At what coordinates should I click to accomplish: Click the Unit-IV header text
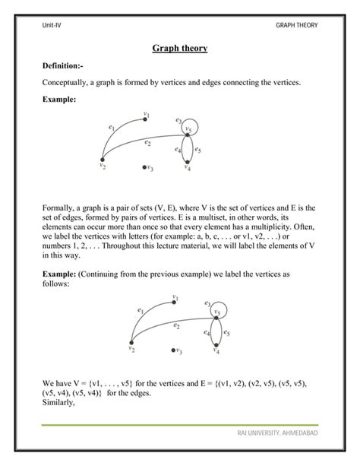pyautogui.click(x=52, y=25)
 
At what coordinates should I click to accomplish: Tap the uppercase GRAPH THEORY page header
pyautogui.click(x=298, y=25)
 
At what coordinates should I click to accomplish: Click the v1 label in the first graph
pyautogui.click(x=147, y=115)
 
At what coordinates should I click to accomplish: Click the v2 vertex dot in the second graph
pyautogui.click(x=131, y=344)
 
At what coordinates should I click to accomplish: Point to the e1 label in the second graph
pyautogui.click(x=141, y=310)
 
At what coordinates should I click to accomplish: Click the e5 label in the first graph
pyautogui.click(x=198, y=151)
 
